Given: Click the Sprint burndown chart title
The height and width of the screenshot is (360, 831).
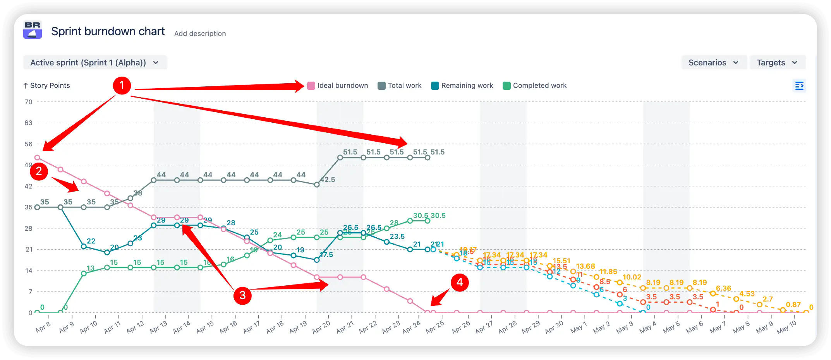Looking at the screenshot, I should point(108,31).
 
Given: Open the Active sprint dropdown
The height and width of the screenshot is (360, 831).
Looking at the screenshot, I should point(95,63).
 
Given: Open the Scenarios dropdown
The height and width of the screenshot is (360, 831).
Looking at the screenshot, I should point(714,63).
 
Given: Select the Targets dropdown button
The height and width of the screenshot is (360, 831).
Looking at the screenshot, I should point(777,63).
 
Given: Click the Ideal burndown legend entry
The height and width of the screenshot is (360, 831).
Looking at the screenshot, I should point(338,86).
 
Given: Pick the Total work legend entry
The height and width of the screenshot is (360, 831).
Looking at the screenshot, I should point(400,86).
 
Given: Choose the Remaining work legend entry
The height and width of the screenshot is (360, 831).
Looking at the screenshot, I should point(462,86).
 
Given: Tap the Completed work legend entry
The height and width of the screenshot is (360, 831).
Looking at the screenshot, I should point(535,86).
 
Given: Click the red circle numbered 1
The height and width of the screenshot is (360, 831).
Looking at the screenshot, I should point(122,85).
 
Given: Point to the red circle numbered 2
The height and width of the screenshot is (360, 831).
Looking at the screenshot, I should point(39,171).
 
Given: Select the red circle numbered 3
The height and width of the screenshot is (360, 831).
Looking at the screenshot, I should point(242,295).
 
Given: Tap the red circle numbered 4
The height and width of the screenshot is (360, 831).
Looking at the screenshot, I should point(460,282).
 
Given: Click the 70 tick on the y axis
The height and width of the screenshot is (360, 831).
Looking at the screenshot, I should point(29,102).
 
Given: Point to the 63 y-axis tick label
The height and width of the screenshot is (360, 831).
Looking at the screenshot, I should point(29,123).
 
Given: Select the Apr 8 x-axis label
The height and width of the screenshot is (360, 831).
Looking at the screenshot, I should point(43,327).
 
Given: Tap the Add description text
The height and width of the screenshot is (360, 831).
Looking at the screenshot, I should point(200,34).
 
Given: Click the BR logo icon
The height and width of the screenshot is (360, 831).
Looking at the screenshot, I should point(33,30).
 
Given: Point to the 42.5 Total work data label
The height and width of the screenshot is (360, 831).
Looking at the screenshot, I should point(328,180).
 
